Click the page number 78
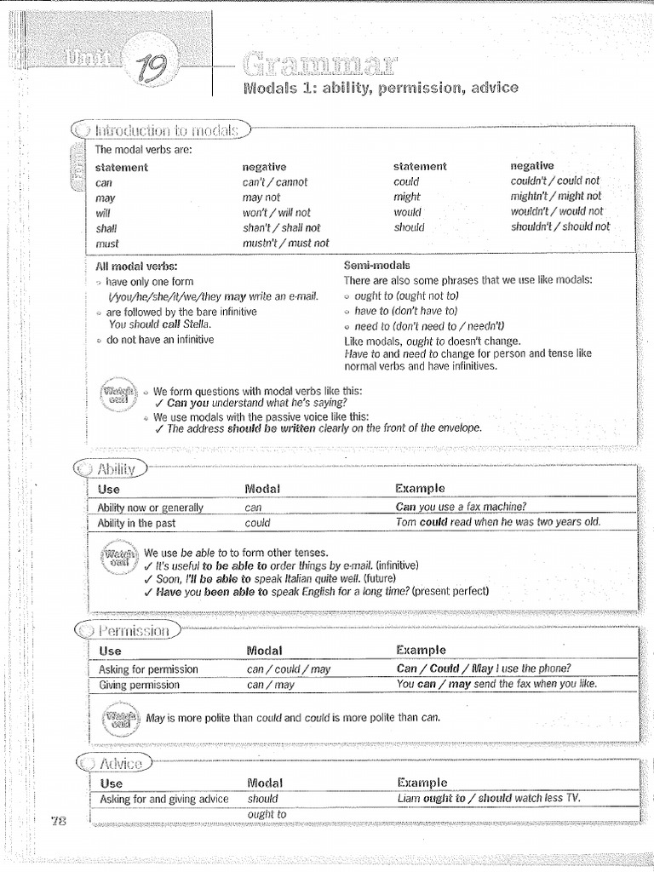(x=59, y=820)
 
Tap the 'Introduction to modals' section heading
(x=170, y=130)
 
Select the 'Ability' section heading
(x=118, y=468)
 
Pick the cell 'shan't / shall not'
(x=281, y=227)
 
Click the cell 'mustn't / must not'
(x=285, y=243)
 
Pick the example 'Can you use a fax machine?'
(x=461, y=508)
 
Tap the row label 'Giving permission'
(x=140, y=685)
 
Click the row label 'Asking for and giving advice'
(x=163, y=799)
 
